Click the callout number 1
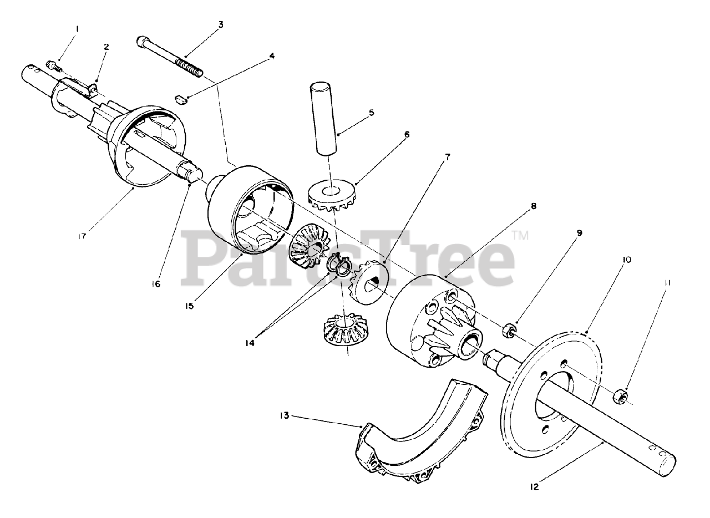pos(77,29)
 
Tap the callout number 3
pos(221,24)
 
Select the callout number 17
pos(82,236)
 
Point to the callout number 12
pos(534,486)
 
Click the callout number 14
pos(250,343)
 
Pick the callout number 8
pos(534,206)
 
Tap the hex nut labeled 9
pos(508,330)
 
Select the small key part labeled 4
pos(181,100)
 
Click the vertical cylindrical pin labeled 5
pos(323,119)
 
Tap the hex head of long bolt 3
pos(142,42)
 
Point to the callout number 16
pos(156,284)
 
